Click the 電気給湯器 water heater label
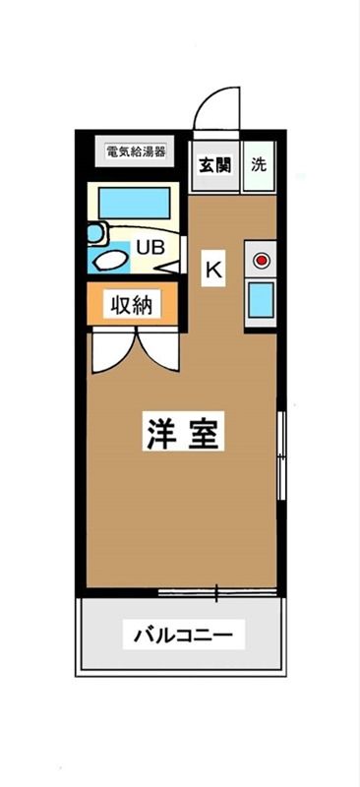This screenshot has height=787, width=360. click(136, 152)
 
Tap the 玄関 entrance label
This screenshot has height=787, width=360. click(215, 165)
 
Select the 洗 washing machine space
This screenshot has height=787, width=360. click(259, 165)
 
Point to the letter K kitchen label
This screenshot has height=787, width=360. click(213, 268)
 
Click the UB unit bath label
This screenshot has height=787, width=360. click(150, 247)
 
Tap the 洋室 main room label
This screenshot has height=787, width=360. click(182, 433)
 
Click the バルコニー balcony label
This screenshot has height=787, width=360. click(183, 636)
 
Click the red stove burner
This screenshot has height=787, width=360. click(262, 261)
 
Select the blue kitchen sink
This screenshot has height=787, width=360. click(261, 300)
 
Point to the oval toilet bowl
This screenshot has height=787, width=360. click(110, 261)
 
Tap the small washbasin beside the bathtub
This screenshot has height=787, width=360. click(95, 233)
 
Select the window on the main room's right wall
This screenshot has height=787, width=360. click(281, 457)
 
